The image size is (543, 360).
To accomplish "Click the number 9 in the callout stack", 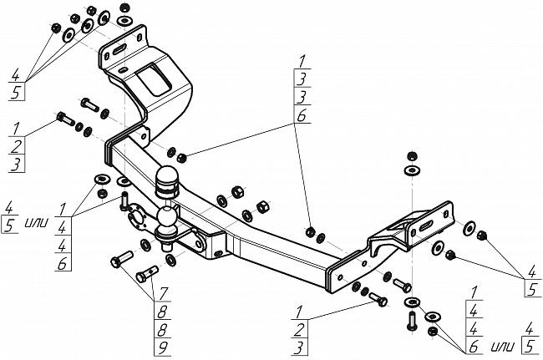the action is pos(162,347).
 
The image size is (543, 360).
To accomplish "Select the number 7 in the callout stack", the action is pos(163,294).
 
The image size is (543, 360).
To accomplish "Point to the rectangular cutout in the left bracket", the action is pos(154,80).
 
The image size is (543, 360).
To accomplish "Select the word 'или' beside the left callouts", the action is pos(37,222).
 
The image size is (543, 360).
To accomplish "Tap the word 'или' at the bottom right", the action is pos(503,346).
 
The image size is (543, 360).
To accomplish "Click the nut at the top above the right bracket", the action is pos(411,155).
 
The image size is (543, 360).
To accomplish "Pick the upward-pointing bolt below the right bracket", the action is pos(411,321).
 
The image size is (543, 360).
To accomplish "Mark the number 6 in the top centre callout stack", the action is pos(302,116).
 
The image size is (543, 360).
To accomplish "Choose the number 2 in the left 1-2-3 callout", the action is pos(16,147).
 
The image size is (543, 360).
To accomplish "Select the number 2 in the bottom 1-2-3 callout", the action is pos(299,330).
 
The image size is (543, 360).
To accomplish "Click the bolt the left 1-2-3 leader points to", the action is pos(65,119).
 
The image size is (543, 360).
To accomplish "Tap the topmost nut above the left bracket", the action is pos(125,7).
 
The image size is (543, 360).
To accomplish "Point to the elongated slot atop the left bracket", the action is pos(118,49).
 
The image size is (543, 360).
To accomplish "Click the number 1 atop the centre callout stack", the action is pos(302,62).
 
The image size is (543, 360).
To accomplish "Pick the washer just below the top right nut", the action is pos(412,170).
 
